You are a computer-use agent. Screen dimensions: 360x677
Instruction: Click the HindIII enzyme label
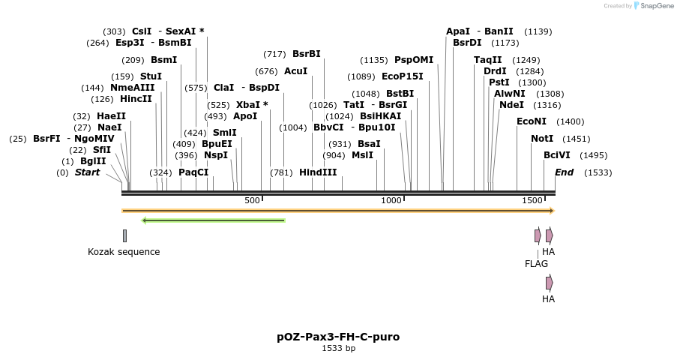(x=318, y=172)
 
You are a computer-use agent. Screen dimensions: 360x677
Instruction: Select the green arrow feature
(x=214, y=220)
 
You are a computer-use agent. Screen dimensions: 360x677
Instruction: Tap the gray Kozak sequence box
(x=124, y=235)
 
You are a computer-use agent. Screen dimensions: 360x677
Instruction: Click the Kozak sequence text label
(x=124, y=252)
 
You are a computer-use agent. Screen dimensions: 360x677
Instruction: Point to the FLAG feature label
(x=536, y=264)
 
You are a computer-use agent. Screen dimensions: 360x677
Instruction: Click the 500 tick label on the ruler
(x=252, y=200)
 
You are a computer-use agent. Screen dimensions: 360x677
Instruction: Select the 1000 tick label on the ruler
(x=391, y=200)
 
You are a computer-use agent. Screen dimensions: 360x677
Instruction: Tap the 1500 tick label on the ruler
(x=532, y=200)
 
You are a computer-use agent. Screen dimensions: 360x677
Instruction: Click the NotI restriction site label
(x=542, y=139)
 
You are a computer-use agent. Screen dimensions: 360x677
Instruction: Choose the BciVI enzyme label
(x=557, y=155)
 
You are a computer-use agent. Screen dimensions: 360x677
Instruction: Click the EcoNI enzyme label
(x=532, y=121)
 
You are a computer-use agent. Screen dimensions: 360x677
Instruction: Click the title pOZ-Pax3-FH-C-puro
(x=338, y=337)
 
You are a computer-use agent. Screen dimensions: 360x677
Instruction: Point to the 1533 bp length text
(x=338, y=348)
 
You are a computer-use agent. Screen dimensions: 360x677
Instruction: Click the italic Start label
(x=87, y=172)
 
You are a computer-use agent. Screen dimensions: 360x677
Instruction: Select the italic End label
(x=564, y=172)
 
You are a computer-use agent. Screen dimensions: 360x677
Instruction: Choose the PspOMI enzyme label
(x=414, y=60)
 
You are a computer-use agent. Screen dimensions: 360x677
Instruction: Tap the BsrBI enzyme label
(x=307, y=54)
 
